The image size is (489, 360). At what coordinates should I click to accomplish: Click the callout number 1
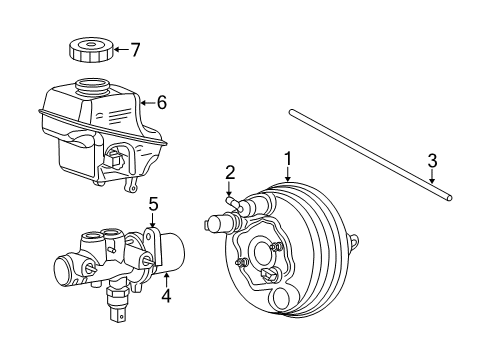(287, 158)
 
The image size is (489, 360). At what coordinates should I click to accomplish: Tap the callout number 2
(229, 171)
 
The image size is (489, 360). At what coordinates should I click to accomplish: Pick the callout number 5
(153, 205)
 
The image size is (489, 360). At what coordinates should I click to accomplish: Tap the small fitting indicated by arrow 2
(232, 203)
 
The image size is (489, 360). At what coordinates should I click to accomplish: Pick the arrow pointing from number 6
(148, 100)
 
